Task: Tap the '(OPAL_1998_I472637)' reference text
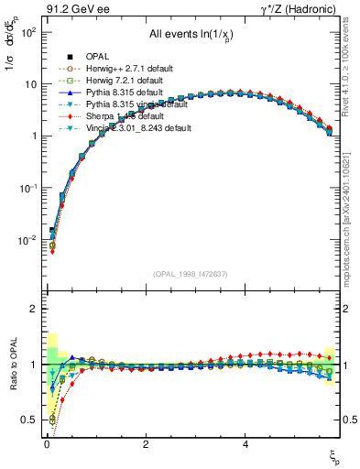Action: pos(193,273)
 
